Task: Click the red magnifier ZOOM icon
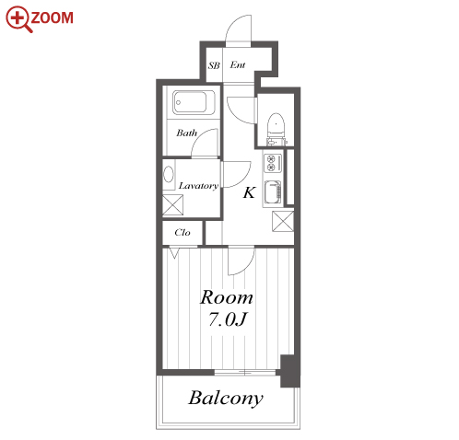click(x=18, y=19)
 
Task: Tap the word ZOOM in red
click(x=52, y=17)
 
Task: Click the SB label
click(x=214, y=65)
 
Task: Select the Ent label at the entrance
click(x=238, y=64)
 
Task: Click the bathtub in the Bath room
click(x=194, y=102)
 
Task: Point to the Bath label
click(x=186, y=133)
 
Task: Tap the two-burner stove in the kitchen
click(x=273, y=163)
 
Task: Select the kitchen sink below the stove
click(x=273, y=192)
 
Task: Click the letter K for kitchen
click(x=249, y=192)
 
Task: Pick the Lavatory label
click(x=198, y=186)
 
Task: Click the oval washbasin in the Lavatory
click(x=169, y=174)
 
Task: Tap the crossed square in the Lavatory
click(x=172, y=204)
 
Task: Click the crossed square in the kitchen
click(x=283, y=221)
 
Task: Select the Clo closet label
click(x=182, y=232)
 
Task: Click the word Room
click(x=227, y=297)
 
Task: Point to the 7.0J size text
click(x=228, y=319)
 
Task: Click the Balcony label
click(x=226, y=399)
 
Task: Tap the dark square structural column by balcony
click(x=290, y=371)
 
